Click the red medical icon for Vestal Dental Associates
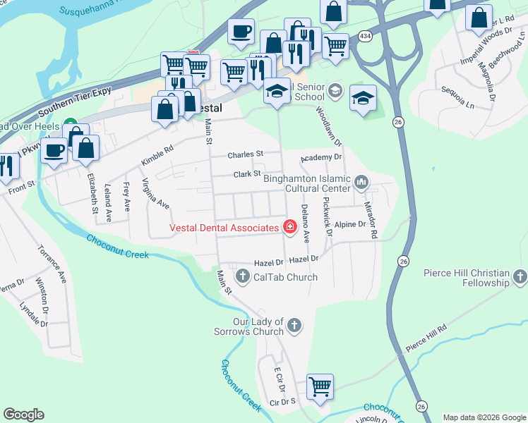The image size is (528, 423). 289,227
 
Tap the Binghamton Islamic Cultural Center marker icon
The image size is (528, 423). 361,183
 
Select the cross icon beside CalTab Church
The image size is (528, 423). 243,277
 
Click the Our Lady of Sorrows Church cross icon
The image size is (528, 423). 294,326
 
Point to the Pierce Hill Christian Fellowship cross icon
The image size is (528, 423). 520,277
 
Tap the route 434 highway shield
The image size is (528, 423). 364,35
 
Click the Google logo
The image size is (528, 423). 23,415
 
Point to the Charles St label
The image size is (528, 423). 245,154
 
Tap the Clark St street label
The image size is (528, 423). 247,173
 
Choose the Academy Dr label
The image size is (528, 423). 321,158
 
